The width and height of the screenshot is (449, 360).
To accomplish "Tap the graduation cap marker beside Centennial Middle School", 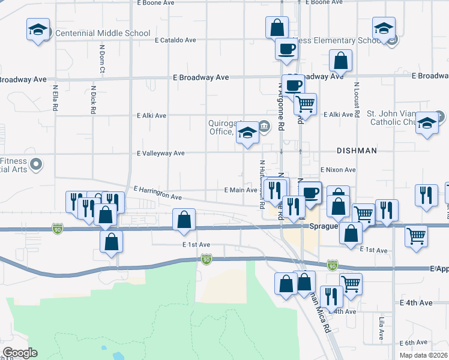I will [38, 30].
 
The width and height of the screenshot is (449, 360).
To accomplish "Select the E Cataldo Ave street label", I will [175, 41].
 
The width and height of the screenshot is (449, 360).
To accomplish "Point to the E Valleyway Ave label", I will [160, 154].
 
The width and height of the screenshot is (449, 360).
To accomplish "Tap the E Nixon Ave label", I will [338, 170].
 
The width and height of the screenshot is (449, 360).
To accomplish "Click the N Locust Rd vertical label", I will [357, 99].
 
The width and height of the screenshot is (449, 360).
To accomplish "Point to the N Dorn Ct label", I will [102, 61].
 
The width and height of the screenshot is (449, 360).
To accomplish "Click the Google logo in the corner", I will [19, 353].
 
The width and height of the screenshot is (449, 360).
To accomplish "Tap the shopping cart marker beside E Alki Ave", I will [305, 104].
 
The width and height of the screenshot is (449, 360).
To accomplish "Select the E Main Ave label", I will [240, 190].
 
